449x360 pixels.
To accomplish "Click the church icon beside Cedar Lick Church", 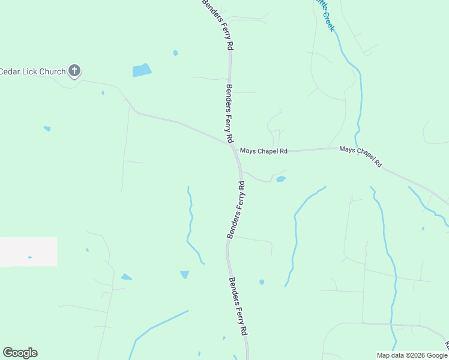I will coord(74,71).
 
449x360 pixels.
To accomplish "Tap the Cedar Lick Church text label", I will coord(32,72).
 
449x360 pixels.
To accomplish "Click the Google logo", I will coord(20,353).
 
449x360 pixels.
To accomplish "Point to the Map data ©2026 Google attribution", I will coord(412,355).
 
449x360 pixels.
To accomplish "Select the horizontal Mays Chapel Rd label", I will coord(264,151).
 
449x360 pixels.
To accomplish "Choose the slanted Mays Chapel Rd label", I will coord(360,156).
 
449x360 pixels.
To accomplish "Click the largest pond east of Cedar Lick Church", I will coord(142,70).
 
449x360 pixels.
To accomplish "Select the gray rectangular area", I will coord(28,251).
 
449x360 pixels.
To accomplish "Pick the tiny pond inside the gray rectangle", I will coord(30,257).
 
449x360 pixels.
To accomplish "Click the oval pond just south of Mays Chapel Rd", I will coord(280,179).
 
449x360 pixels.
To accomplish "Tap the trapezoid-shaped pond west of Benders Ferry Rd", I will coord(184,275).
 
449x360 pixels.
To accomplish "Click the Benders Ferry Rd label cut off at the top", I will coord(217,24).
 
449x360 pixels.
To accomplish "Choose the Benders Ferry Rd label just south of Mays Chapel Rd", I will coord(236,210).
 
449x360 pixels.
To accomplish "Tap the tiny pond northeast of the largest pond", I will coord(176,53).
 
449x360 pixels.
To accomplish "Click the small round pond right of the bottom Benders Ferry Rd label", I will coord(262,282).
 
